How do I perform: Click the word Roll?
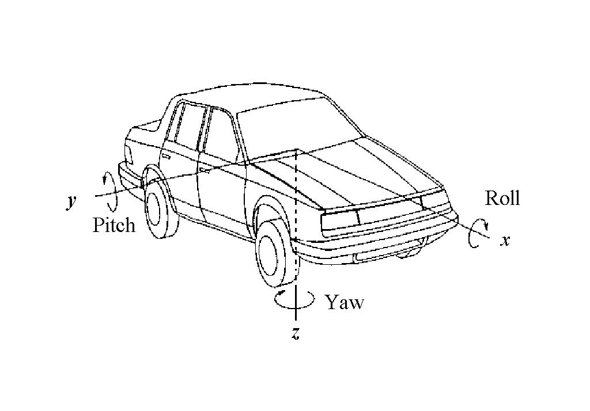click(502, 198)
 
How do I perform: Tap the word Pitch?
click(114, 225)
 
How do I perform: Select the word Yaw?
click(345, 302)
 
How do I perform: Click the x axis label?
click(505, 240)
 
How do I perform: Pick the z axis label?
click(296, 333)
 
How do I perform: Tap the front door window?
click(221, 134)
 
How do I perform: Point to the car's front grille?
click(389, 215)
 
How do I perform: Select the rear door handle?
click(166, 155)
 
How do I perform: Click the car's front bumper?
click(376, 241)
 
